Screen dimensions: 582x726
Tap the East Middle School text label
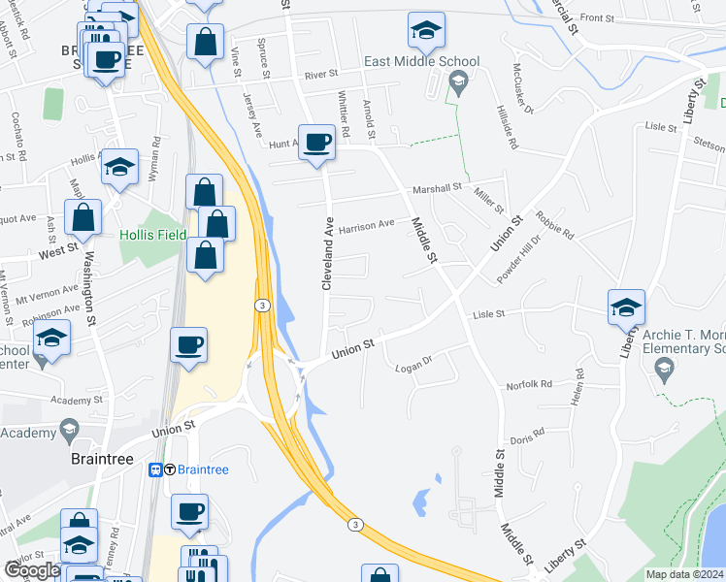pyautogui.click(x=421, y=61)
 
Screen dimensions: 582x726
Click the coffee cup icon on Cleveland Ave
pyautogui.click(x=317, y=144)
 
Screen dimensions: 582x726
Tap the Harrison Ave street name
pyautogui.click(x=366, y=224)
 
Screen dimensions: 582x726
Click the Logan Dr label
pyautogui.click(x=412, y=367)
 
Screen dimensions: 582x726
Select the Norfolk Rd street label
pyautogui.click(x=528, y=384)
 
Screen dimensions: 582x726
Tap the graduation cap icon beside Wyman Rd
pyautogui.click(x=119, y=169)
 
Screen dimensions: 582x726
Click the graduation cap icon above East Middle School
pyautogui.click(x=426, y=30)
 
